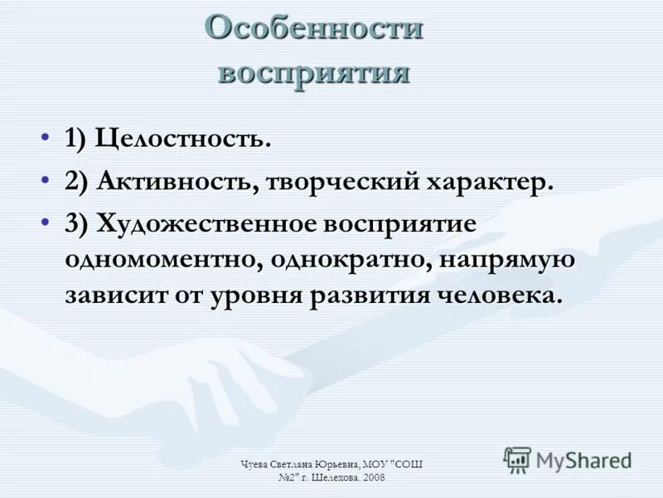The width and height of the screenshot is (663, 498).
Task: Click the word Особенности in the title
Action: pyautogui.click(x=314, y=29)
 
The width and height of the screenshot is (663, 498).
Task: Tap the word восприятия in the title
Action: pyautogui.click(x=314, y=72)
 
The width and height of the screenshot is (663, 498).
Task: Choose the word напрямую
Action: pyautogui.click(x=507, y=260)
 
